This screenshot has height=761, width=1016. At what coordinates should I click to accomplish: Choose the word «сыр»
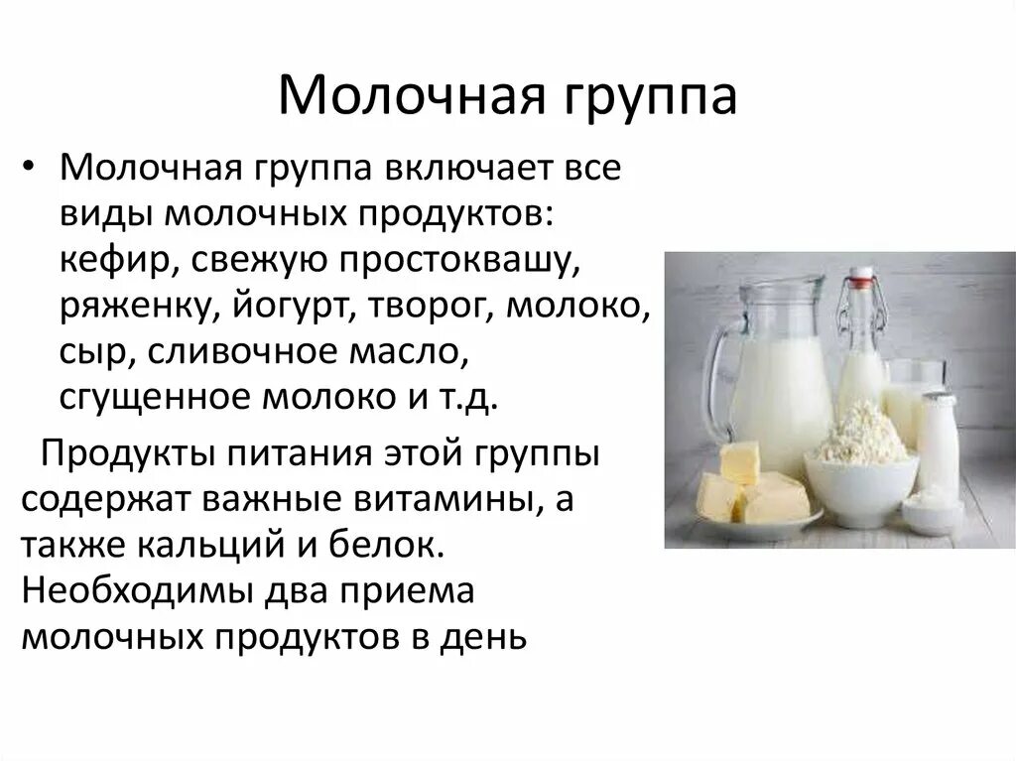[85, 350]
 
